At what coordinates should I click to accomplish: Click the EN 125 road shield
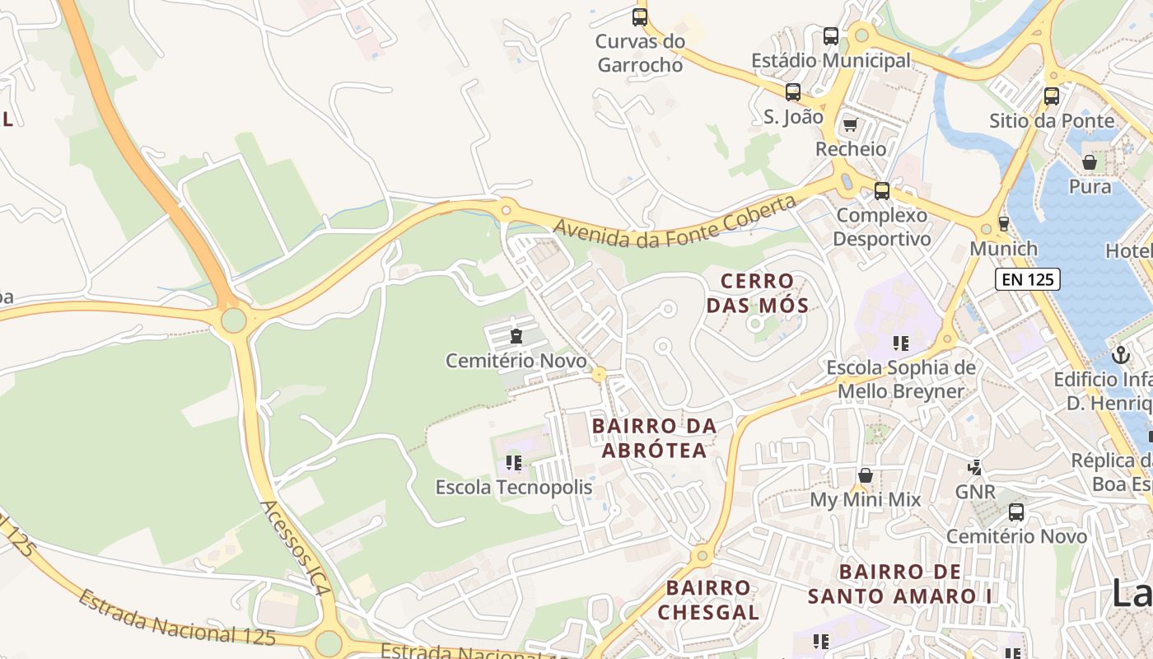coord(1027,279)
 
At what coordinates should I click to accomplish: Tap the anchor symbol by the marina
coord(1120,355)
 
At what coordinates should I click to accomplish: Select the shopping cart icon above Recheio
coord(850,125)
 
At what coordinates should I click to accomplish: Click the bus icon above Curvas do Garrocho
coord(640,16)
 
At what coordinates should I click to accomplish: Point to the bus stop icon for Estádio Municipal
coord(831,36)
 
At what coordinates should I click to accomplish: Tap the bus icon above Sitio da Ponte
coord(1052,96)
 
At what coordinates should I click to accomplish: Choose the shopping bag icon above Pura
coord(1090,162)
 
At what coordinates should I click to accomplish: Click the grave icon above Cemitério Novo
coord(516,336)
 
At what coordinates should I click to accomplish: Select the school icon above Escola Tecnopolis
coord(514,463)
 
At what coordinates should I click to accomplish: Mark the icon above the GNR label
coord(975,468)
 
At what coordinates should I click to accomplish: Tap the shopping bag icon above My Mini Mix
coord(866,474)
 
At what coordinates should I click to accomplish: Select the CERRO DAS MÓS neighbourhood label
coord(757,293)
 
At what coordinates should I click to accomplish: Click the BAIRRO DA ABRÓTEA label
coord(654,438)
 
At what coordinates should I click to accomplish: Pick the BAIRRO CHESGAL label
coord(708,600)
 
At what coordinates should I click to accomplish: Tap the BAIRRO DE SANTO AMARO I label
coord(900,583)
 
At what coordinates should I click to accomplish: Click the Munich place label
coord(1004,248)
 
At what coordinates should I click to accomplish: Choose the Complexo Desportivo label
coord(881,227)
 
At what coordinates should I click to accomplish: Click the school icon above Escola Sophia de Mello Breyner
coord(900,343)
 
